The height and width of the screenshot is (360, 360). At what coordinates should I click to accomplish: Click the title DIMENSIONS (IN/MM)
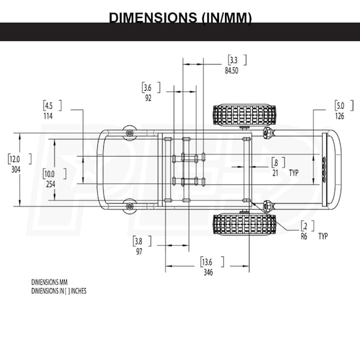point(180,17)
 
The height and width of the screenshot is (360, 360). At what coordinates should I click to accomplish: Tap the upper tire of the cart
point(244,115)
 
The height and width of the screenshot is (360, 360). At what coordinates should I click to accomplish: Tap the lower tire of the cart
point(244,223)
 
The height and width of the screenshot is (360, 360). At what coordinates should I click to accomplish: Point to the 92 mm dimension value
point(148,98)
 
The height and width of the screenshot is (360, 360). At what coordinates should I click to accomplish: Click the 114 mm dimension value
point(48,116)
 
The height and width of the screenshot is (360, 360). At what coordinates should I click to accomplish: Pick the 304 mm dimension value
point(16,169)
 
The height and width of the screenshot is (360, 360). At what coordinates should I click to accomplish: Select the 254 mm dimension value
point(50,184)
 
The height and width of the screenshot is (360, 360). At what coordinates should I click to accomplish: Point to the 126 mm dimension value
point(340,116)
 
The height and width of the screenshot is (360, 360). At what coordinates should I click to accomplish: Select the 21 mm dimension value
point(275,173)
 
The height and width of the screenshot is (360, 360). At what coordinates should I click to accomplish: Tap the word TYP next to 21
point(293,173)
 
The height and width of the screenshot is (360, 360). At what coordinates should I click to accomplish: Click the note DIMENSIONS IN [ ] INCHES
point(59,290)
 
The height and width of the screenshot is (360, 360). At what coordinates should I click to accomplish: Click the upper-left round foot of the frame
point(130,131)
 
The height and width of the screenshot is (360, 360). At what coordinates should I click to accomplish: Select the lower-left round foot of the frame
point(130,206)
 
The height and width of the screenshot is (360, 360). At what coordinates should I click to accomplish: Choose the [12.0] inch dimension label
point(16,159)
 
